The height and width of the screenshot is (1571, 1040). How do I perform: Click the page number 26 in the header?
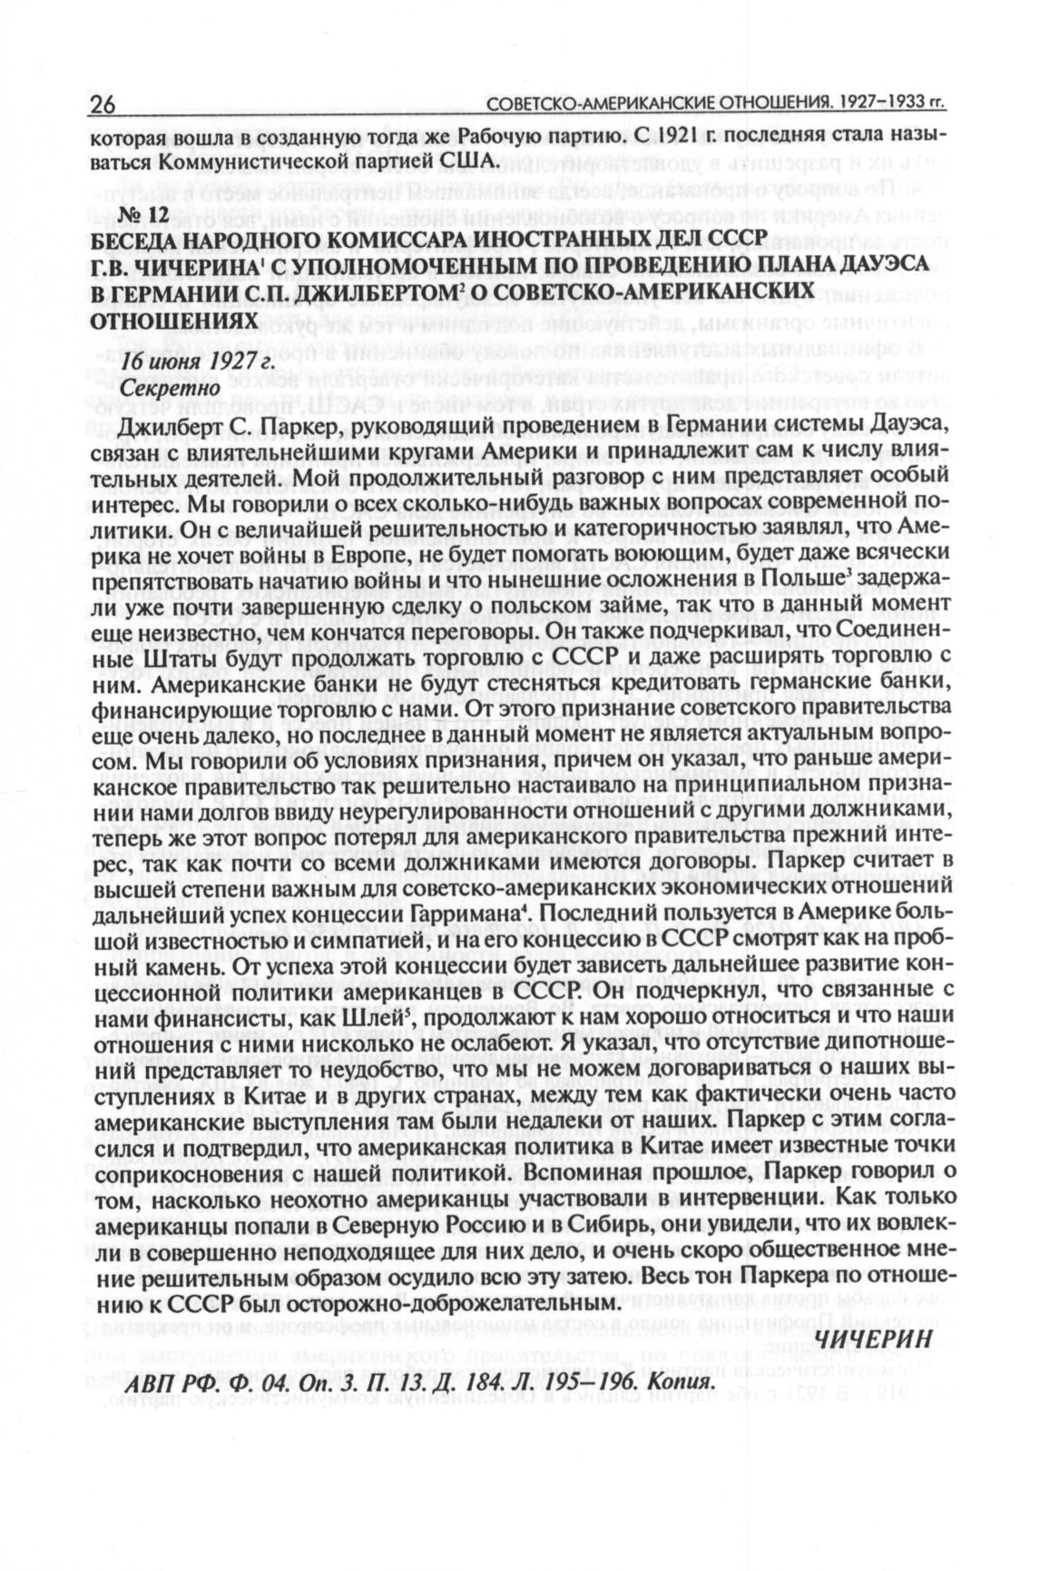[102, 107]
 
